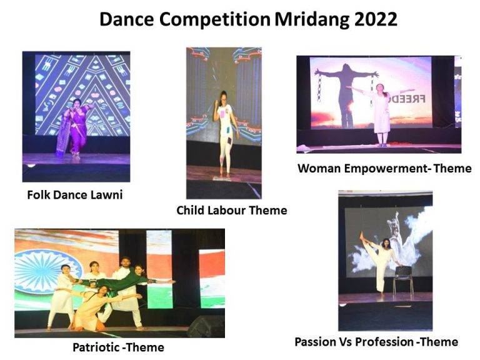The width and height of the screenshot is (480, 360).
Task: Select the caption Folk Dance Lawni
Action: [x=75, y=194]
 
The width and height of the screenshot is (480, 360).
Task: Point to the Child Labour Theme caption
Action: [x=231, y=211]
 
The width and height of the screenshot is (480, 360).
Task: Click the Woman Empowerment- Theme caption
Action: [x=384, y=168]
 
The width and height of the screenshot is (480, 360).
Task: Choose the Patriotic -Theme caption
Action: [x=119, y=347]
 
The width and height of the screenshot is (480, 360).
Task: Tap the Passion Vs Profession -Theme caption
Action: [x=376, y=342]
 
